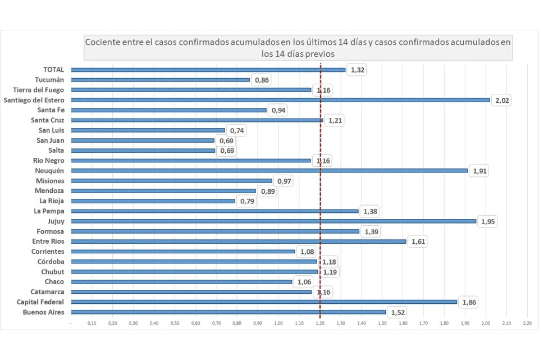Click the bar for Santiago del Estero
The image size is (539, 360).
[x=281, y=100]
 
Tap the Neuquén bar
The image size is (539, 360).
[x=269, y=171]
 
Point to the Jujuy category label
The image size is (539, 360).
[x=54, y=221]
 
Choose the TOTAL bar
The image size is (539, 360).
[x=208, y=70]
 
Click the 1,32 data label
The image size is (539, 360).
[x=357, y=70]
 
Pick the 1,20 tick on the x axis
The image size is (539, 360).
[x=320, y=323]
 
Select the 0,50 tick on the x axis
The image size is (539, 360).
[x=175, y=323]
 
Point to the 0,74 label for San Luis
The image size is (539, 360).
[x=236, y=130]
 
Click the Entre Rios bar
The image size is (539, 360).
[x=239, y=241]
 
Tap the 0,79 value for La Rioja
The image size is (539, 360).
[x=246, y=201]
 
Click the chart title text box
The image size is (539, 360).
[x=298, y=48]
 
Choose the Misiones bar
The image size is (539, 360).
[x=172, y=181]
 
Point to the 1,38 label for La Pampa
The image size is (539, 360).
[x=370, y=211]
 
